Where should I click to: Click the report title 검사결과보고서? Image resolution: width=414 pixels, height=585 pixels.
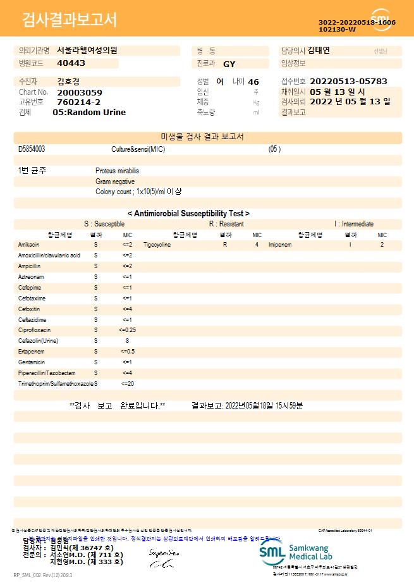70,20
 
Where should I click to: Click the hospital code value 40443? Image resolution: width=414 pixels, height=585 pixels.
71,63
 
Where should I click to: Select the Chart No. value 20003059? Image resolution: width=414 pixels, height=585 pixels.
79,92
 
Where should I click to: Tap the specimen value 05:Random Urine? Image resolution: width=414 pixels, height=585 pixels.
89,112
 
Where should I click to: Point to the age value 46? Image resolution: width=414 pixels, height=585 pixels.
253,82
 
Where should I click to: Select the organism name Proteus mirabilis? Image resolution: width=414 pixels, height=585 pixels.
118,171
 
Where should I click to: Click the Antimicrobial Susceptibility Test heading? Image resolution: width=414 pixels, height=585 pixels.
188,214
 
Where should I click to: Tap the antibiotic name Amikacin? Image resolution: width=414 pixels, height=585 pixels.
29,244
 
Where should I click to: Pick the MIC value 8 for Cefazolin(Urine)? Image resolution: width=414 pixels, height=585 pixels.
127,341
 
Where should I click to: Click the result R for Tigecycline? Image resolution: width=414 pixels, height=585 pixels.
224,244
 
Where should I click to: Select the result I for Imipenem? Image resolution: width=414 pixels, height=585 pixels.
350,244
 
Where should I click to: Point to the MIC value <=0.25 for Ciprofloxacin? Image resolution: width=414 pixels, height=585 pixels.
127,330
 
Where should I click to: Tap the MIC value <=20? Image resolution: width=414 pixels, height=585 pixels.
127,384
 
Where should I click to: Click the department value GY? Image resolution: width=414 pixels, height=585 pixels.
229,64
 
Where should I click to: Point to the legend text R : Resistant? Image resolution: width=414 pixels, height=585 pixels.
226,224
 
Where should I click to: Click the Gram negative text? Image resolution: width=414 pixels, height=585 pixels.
115,182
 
